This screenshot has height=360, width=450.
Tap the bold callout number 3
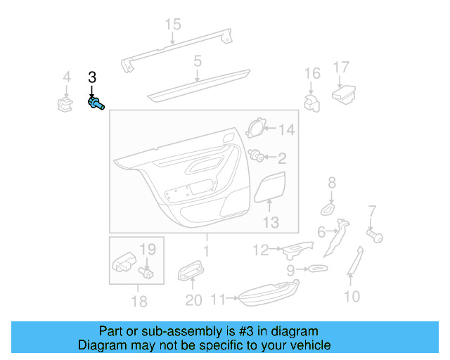click(91, 77)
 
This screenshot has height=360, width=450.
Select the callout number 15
click(173, 25)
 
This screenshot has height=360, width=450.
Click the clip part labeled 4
click(65, 105)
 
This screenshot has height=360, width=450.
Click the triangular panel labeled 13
click(269, 188)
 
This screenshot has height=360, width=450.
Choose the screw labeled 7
click(375, 236)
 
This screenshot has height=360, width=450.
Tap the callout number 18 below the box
click(139, 302)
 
